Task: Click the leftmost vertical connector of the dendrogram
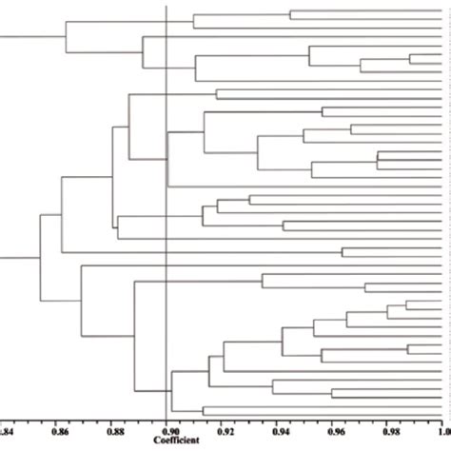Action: click(39, 258)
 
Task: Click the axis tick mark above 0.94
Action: click(277, 421)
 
